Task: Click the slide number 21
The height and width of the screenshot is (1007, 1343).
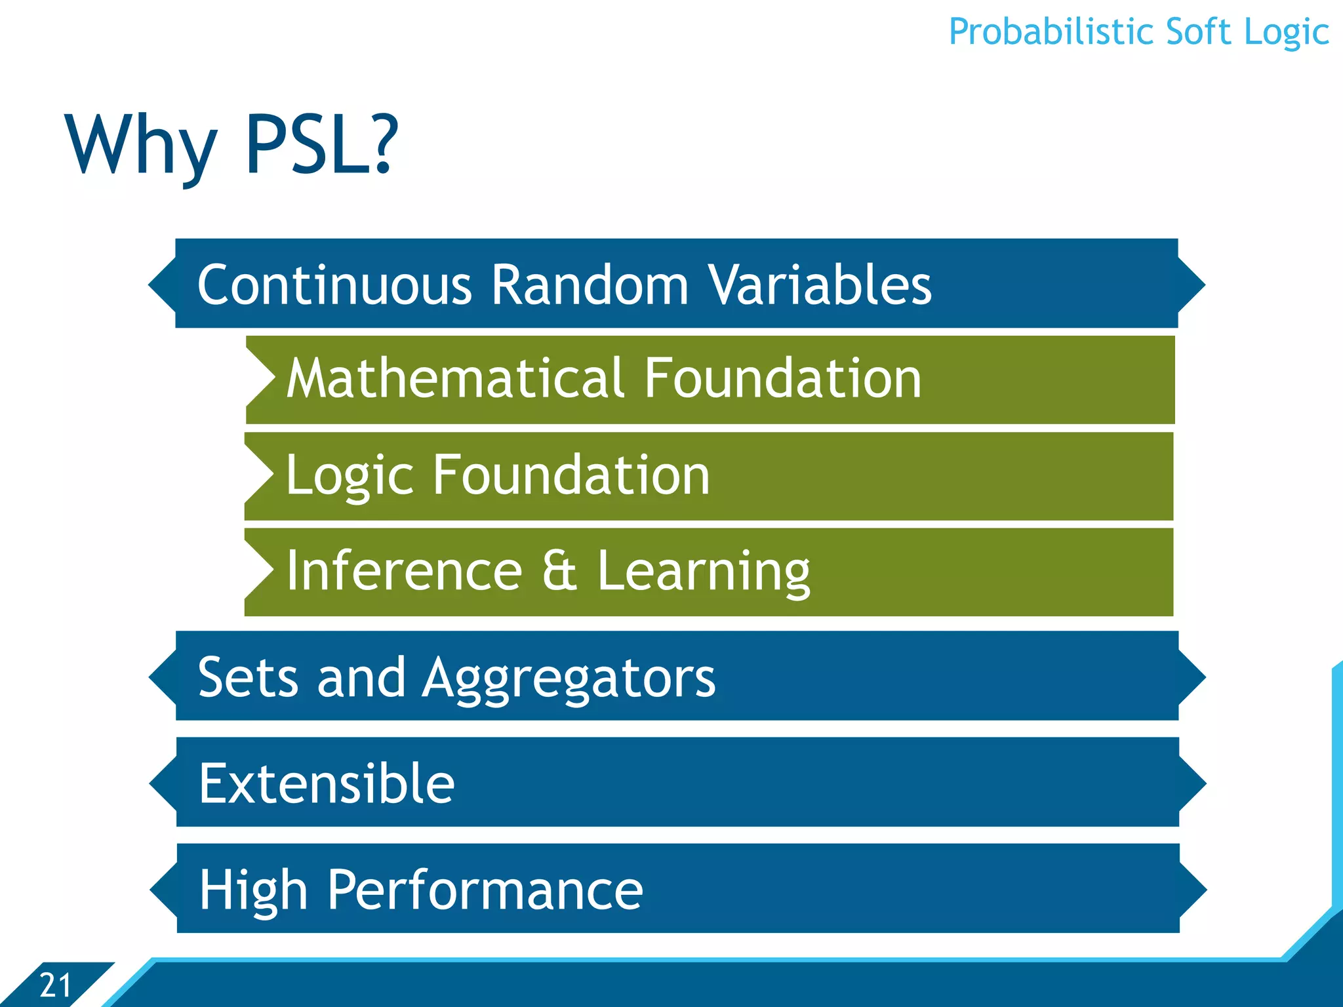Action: pyautogui.click(x=55, y=985)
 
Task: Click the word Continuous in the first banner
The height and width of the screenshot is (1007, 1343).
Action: pyautogui.click(x=334, y=285)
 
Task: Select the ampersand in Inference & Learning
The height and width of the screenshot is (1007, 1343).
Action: pyautogui.click(x=559, y=571)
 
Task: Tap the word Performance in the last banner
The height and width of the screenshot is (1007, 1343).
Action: pyautogui.click(x=485, y=890)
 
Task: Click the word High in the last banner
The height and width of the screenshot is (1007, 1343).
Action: pyautogui.click(x=254, y=890)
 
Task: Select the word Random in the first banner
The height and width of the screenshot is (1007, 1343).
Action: pyautogui.click(x=590, y=285)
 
